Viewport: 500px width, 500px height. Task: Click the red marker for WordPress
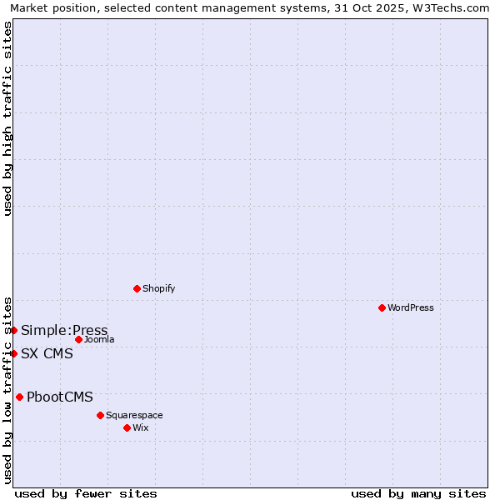pyautogui.click(x=382, y=307)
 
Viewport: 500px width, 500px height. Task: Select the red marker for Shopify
pyautogui.click(x=137, y=288)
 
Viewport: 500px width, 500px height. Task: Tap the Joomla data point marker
pyautogui.click(x=78, y=339)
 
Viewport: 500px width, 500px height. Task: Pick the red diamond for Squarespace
pyautogui.click(x=100, y=415)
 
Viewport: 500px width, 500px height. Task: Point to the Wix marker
pyautogui.click(x=127, y=427)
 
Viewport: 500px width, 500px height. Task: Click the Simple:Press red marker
pyautogui.click(x=13, y=330)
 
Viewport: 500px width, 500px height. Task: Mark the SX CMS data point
pyautogui.click(x=13, y=353)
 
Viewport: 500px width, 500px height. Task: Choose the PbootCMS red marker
pyautogui.click(x=19, y=397)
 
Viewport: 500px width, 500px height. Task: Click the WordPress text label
pyautogui.click(x=411, y=307)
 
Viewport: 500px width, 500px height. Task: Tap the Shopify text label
pyautogui.click(x=158, y=288)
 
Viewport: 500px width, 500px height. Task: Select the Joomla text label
pyautogui.click(x=99, y=339)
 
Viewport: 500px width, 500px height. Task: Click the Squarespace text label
pyautogui.click(x=134, y=415)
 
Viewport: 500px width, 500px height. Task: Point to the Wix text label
pyautogui.click(x=141, y=427)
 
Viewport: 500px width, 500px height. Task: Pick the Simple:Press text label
pyautogui.click(x=64, y=330)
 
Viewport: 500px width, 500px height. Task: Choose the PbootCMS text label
pyautogui.click(x=60, y=397)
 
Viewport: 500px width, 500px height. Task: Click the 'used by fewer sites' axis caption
pyautogui.click(x=86, y=493)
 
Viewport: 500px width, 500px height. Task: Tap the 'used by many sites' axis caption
pyautogui.click(x=418, y=493)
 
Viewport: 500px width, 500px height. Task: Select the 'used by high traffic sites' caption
pyautogui.click(x=7, y=118)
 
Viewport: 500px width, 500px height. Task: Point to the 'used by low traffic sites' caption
pyautogui.click(x=7, y=389)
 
